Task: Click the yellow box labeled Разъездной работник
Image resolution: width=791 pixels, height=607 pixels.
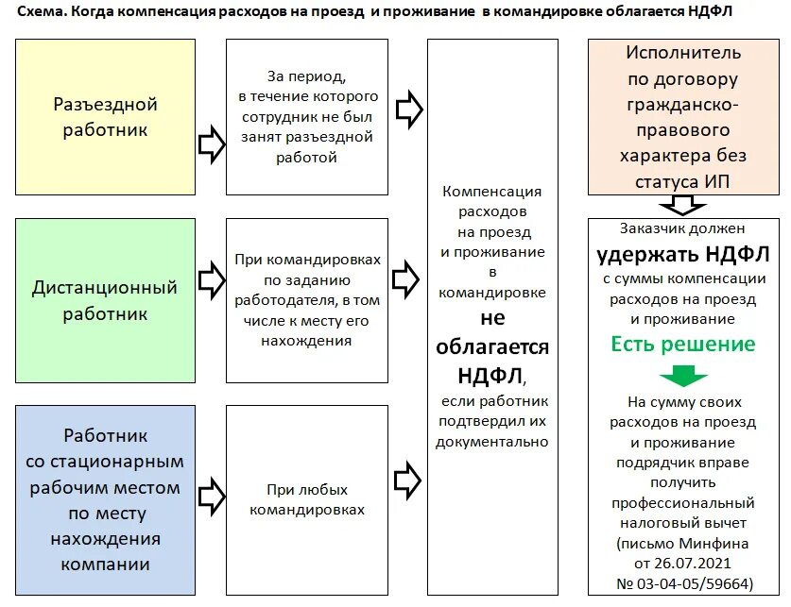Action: point(105,116)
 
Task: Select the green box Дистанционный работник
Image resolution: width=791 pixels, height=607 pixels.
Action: point(105,299)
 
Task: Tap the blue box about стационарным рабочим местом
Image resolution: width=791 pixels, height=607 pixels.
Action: point(105,499)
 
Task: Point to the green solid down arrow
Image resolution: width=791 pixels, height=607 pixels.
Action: point(683,376)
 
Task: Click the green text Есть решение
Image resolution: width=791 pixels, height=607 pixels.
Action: point(683,344)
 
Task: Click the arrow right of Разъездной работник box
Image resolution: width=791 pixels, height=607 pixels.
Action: point(211,144)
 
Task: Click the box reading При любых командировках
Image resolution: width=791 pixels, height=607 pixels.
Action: point(307,499)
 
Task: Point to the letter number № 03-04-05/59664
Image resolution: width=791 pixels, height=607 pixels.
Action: point(682,584)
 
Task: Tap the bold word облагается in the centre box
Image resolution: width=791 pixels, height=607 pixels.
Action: point(492,346)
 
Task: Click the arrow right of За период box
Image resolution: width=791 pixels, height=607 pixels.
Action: point(407,110)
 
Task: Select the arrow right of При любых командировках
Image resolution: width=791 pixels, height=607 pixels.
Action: point(407,480)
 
